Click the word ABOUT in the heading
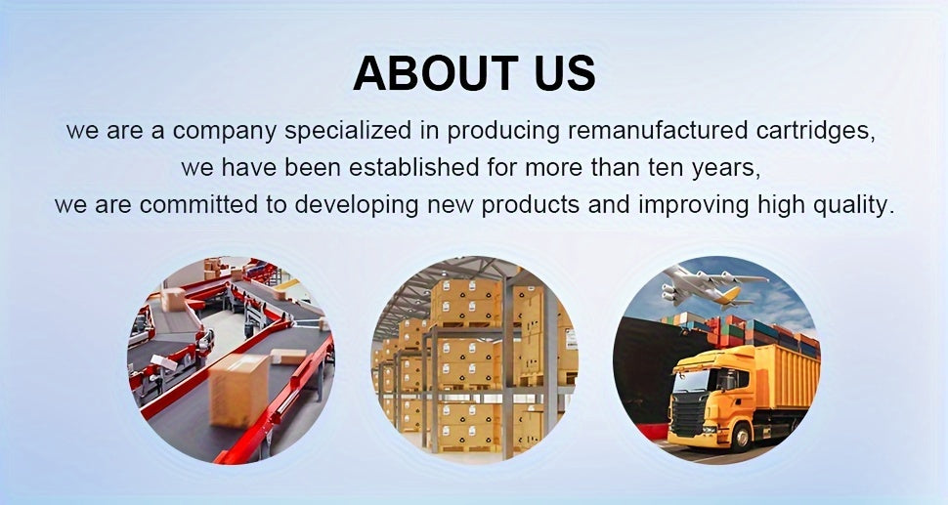[x=435, y=73]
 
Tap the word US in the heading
[x=565, y=73]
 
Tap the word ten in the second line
[x=665, y=168]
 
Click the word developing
[x=357, y=206]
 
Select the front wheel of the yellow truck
[x=740, y=435]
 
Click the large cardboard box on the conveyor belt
[x=238, y=390]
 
